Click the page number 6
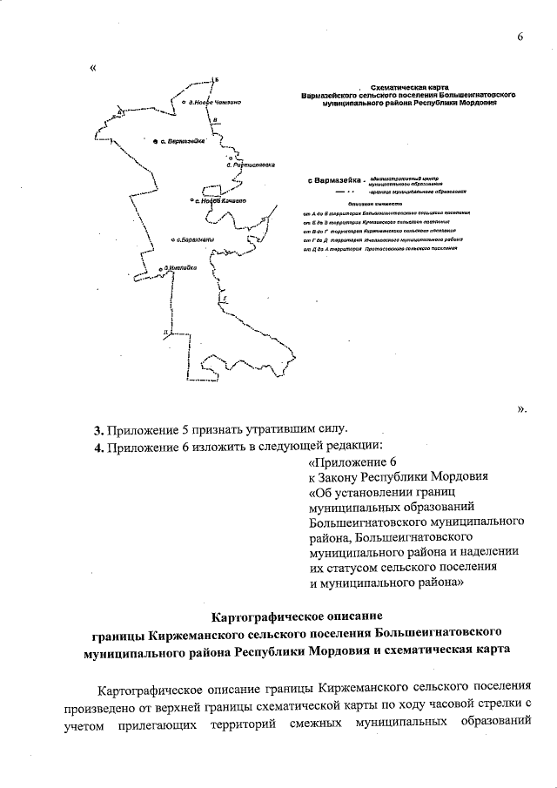[x=520, y=37]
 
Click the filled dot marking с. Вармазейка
[x=154, y=140]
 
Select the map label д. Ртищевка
[x=252, y=164]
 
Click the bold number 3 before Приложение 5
[x=98, y=429]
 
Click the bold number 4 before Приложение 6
[x=98, y=448]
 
